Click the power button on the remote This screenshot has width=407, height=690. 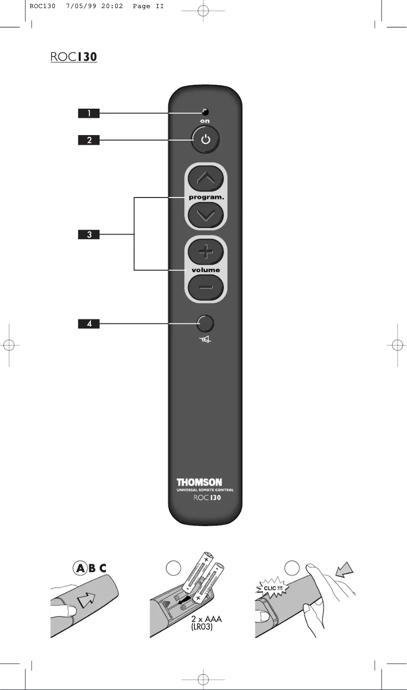pos(206,140)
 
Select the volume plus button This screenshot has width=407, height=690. pos(206,252)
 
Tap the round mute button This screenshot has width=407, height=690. pos(206,323)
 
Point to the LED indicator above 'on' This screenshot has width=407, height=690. pos(206,112)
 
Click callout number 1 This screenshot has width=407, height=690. pos(89,113)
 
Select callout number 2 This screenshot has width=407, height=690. pos(89,140)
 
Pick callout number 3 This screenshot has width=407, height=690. pos(89,235)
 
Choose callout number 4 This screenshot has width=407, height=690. pos(89,323)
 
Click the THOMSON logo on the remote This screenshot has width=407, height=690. pos(199,482)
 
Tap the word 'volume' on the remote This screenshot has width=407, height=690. pos(206,270)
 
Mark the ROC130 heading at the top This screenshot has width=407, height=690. pos(74,57)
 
